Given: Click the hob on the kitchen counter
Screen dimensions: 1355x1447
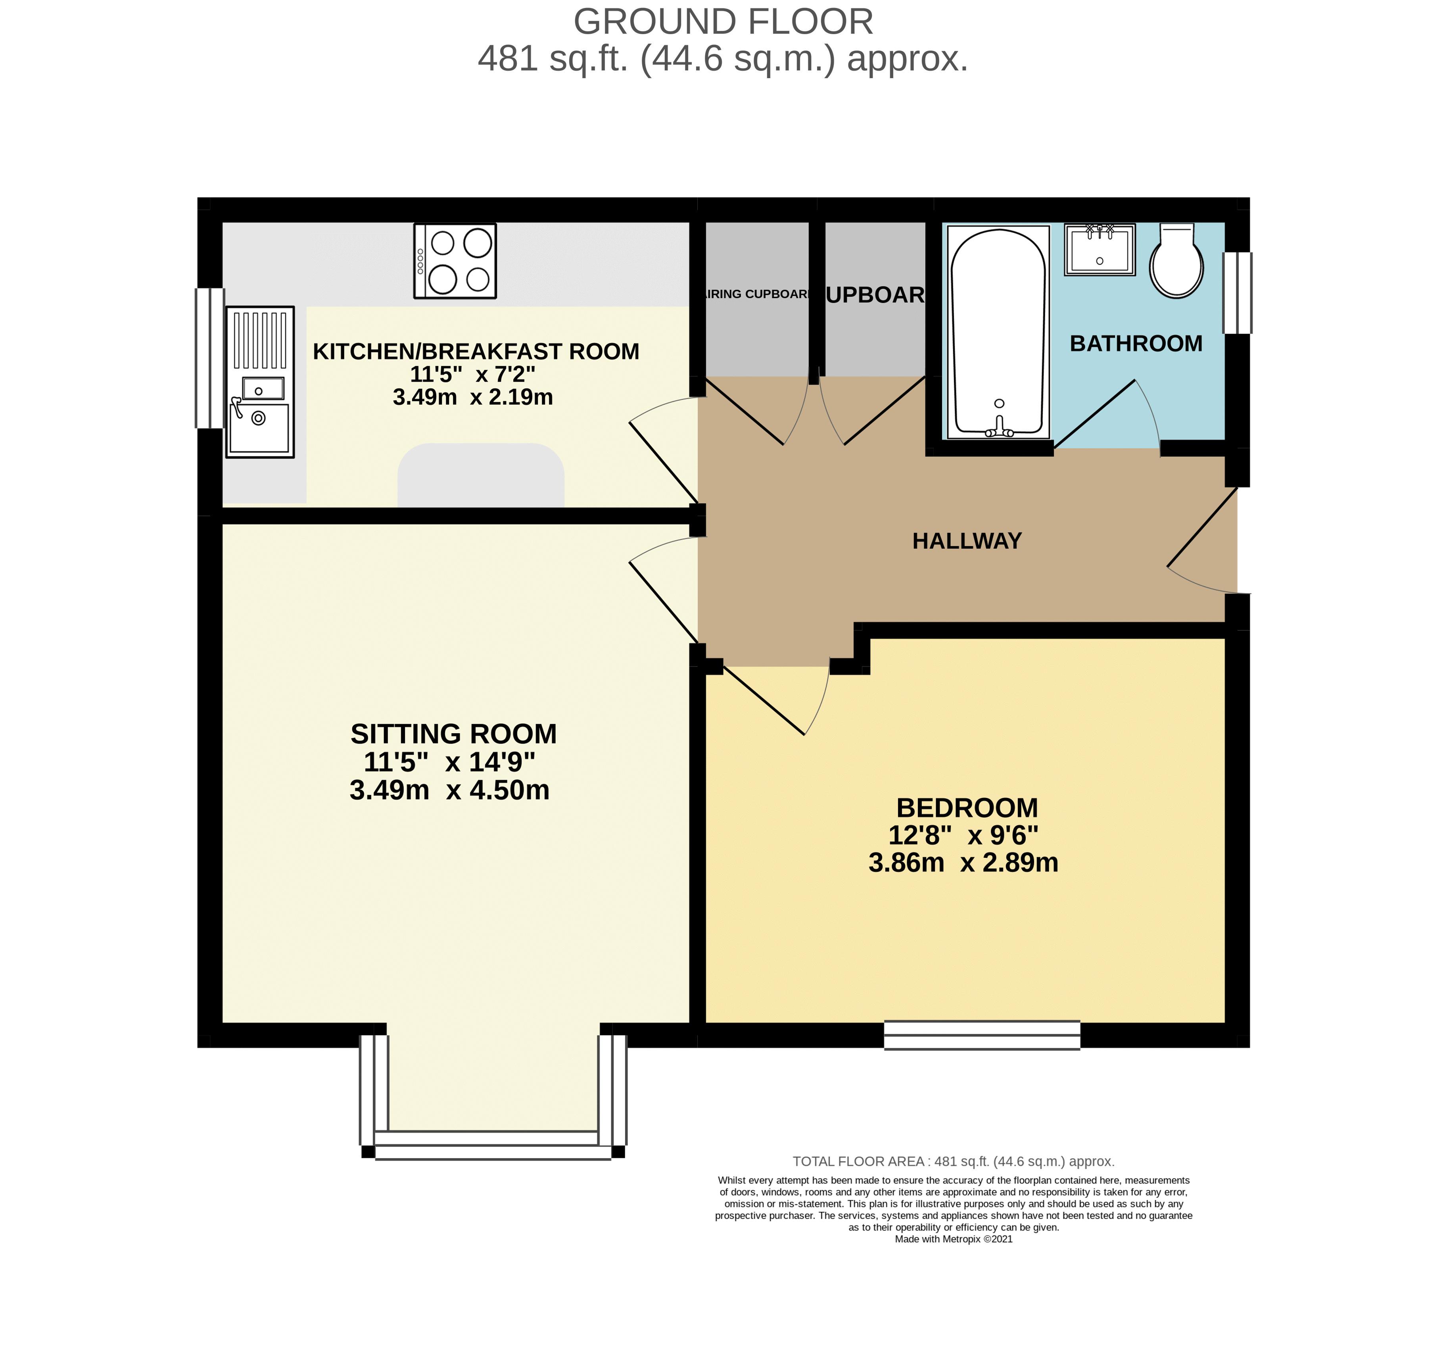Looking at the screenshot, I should (x=455, y=261).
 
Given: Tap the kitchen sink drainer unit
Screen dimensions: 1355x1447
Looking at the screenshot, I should (x=260, y=382).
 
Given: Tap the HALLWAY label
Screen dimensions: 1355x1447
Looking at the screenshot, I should (x=967, y=540).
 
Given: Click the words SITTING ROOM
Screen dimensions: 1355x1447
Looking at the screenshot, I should (x=453, y=733).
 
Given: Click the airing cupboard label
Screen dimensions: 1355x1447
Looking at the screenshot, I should (x=756, y=294).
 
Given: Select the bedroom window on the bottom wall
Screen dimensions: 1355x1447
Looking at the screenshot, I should (x=981, y=1035).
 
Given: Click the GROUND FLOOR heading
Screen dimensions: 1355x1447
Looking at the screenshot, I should (x=723, y=22).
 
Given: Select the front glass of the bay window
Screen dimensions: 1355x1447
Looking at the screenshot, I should (x=493, y=1146).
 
